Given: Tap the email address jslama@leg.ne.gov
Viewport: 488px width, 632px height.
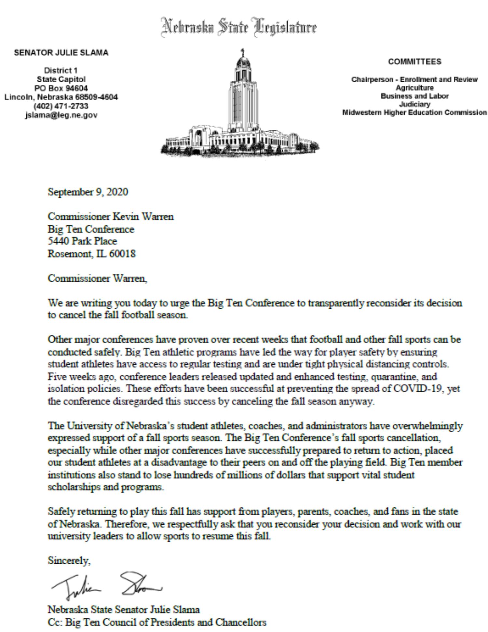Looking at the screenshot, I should tap(61, 115).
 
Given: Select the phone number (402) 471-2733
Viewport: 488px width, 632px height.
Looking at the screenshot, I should tap(61, 106).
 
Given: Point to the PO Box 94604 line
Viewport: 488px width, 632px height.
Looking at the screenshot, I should tap(61, 88).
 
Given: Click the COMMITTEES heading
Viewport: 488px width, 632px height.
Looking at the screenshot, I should tap(414, 62).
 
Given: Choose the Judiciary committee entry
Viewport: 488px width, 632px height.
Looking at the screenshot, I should tap(414, 104).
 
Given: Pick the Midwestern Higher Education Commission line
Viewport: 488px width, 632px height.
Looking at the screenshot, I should tap(414, 113).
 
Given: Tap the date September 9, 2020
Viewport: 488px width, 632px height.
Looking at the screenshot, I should tap(88, 192).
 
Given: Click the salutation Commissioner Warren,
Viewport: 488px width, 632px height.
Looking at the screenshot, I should tap(98, 278).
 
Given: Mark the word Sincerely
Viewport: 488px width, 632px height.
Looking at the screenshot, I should tap(69, 560).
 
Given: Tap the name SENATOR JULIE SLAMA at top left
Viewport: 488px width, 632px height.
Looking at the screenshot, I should tap(61, 53).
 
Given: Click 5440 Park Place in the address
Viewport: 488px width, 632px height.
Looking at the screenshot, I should tap(82, 241).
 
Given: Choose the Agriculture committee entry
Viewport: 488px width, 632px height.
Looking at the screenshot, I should tap(414, 88).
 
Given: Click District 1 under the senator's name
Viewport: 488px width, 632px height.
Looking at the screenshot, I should tap(61, 70).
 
